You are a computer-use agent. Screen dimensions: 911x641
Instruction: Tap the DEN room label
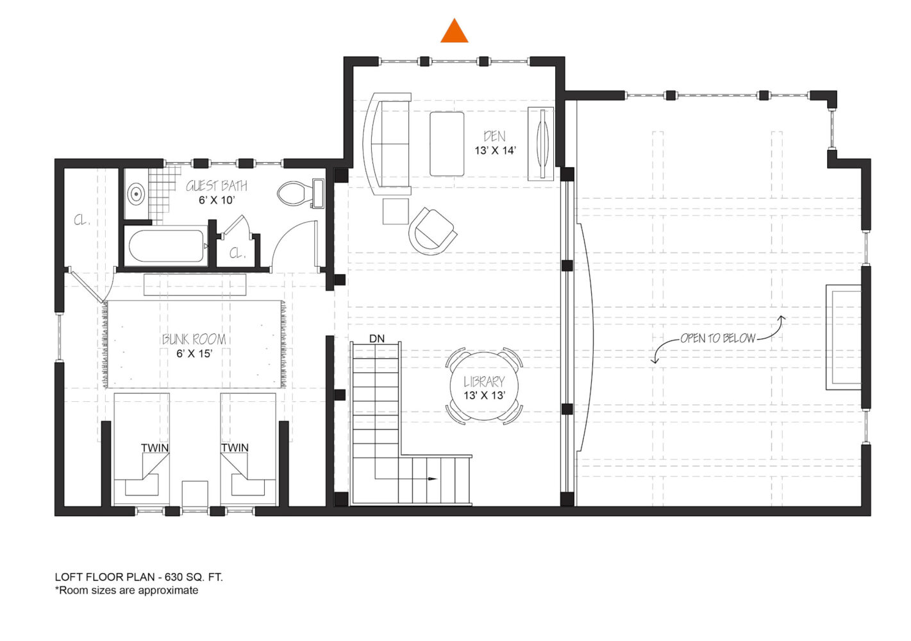494,137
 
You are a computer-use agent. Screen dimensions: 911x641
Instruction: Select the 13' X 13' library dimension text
485,395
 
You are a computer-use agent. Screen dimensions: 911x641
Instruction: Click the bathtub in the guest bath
166,246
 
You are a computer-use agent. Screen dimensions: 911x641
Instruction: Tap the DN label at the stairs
376,338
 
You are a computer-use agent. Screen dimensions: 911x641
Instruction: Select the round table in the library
484,386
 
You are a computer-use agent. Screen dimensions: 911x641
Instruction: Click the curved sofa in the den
387,144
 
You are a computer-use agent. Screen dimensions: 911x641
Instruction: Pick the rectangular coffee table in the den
447,144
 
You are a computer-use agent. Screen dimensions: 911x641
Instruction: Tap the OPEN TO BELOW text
718,338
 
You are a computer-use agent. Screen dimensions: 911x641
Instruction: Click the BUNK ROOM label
194,339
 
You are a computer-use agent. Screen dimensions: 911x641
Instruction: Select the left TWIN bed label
155,448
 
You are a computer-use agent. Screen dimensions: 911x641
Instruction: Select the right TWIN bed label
235,448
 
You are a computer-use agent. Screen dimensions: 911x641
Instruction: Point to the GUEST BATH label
216,186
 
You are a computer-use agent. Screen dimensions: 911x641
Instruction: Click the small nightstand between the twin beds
195,493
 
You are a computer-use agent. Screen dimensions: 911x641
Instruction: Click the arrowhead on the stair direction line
432,479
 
